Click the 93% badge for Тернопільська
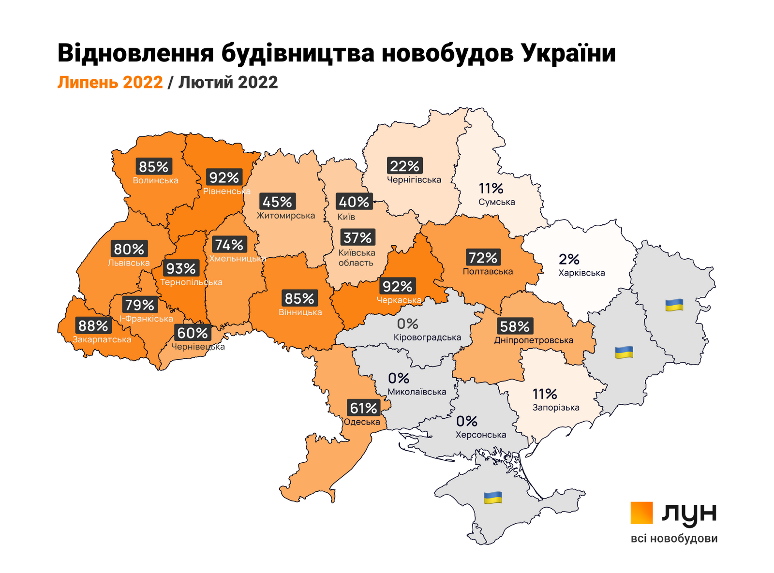click(x=181, y=268)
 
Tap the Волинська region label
click(x=155, y=181)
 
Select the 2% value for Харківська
click(x=569, y=260)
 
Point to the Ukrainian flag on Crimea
click(x=493, y=497)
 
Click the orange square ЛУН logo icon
click(x=641, y=513)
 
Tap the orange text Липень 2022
click(x=110, y=82)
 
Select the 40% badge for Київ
click(x=354, y=202)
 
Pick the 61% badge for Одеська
click(x=363, y=408)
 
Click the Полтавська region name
click(x=488, y=272)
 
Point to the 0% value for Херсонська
click(x=467, y=422)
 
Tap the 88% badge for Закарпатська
click(x=93, y=325)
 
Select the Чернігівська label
click(x=414, y=180)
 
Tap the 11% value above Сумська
click(x=491, y=189)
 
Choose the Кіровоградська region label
click(x=427, y=338)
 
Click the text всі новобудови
click(x=674, y=539)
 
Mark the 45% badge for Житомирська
click(x=277, y=202)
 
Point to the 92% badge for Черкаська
click(x=397, y=287)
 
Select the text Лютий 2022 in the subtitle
click(x=228, y=82)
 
